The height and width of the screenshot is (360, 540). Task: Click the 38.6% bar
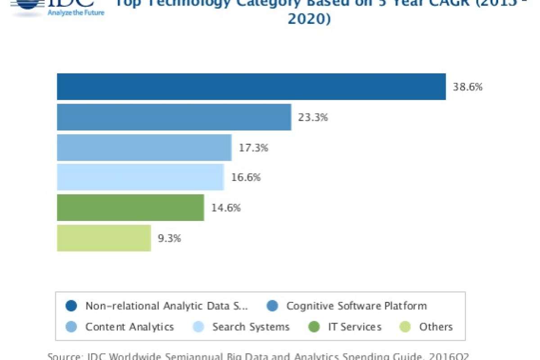coord(251,86)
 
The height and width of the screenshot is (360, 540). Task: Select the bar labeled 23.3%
coord(174,117)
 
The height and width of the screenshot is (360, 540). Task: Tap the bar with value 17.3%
coord(144,147)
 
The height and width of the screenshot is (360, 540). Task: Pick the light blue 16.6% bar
coord(140,177)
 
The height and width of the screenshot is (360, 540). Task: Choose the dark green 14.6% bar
coord(130,207)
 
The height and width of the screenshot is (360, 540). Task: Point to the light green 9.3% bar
coord(103,238)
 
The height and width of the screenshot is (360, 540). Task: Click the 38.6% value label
coord(468,87)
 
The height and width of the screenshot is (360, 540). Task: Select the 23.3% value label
coord(313,117)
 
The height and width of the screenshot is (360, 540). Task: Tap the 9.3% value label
coord(169,238)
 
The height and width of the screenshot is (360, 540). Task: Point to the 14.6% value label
coord(226,208)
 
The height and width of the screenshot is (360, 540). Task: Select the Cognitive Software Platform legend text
coord(356,306)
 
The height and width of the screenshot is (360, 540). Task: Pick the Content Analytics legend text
coord(130,327)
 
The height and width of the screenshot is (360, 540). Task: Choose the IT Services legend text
coord(355,327)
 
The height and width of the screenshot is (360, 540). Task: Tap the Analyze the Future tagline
coord(76,13)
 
